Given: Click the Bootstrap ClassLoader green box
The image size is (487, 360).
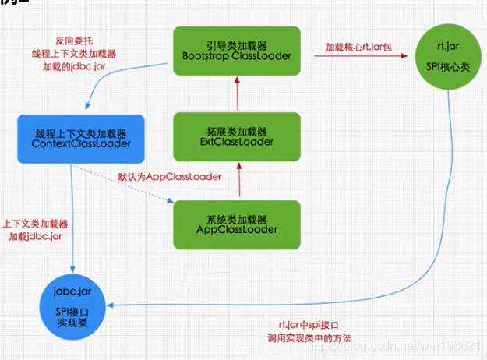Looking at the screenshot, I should coord(235,51).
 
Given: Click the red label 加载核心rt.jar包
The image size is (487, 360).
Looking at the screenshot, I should coord(363,48).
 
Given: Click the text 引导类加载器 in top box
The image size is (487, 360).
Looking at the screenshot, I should coord(235,44).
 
